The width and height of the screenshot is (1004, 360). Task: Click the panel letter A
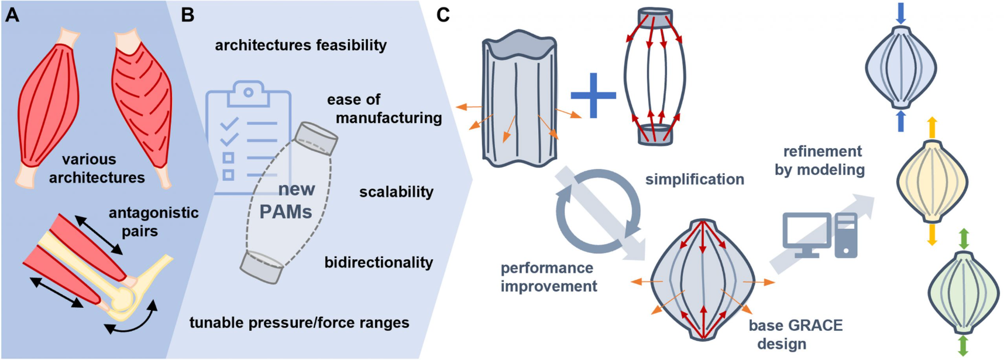[12, 15]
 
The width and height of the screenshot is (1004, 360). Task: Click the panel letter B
[187, 15]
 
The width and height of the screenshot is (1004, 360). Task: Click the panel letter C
[443, 15]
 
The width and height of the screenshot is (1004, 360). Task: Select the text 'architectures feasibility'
[301, 45]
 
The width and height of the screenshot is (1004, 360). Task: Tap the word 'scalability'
[396, 192]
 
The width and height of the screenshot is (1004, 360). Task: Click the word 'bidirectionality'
[379, 262]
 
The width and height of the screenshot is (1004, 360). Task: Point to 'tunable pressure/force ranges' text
[299, 323]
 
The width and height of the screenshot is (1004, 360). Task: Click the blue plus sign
[593, 95]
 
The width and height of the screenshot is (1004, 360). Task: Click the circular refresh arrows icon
[598, 211]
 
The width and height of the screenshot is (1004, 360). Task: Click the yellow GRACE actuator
[932, 180]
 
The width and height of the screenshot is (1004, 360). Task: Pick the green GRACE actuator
[963, 292]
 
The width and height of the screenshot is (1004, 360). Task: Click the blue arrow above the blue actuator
[901, 13]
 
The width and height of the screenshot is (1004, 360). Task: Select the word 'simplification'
[694, 180]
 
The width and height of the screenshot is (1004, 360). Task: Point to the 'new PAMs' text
[287, 200]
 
